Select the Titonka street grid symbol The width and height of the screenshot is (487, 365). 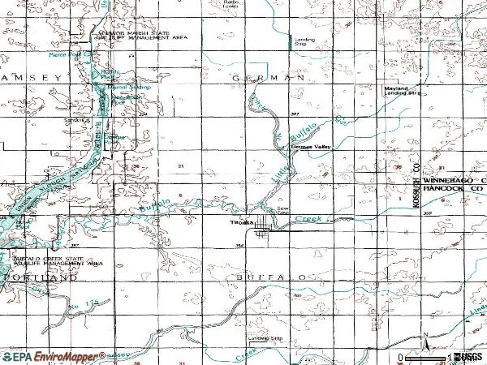(x=261, y=234)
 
